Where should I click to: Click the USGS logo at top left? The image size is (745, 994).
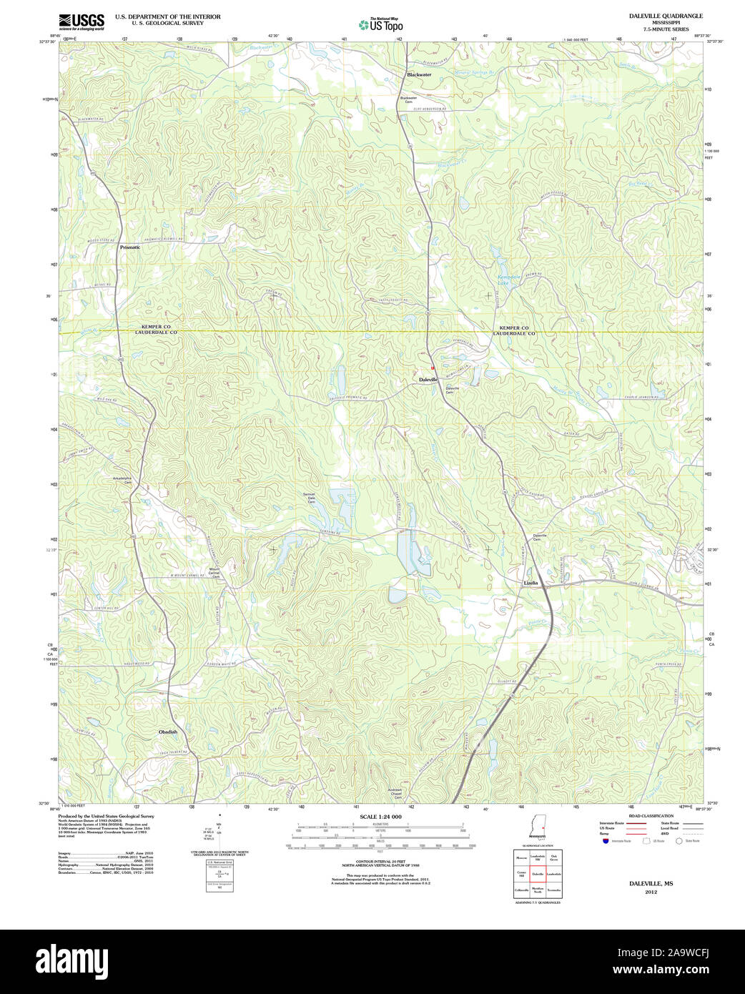(x=81, y=21)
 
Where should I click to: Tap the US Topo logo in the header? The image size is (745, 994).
(x=381, y=24)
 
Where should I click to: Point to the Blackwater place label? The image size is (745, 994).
(x=419, y=74)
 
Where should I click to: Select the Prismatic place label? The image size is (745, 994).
(x=130, y=247)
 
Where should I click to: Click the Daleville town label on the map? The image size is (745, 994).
(x=428, y=379)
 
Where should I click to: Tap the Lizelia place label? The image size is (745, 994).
(x=531, y=583)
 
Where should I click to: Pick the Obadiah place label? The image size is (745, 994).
(x=168, y=732)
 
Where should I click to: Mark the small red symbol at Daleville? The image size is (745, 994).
(x=433, y=368)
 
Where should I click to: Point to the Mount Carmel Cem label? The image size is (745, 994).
(x=214, y=572)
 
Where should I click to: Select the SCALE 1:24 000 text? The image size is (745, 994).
(x=380, y=817)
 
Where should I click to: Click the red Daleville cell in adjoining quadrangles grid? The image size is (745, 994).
(x=537, y=873)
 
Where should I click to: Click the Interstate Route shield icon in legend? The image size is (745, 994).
(x=605, y=842)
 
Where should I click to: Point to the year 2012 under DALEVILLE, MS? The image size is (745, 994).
(x=651, y=892)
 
